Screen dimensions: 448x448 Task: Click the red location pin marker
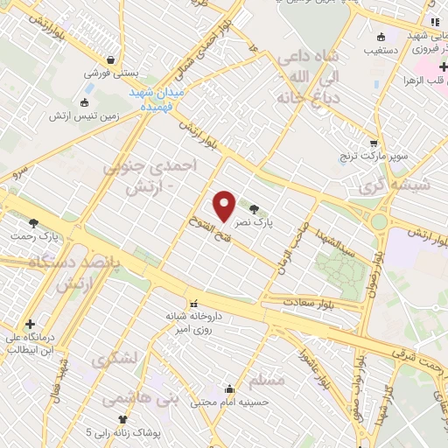coord(225,206)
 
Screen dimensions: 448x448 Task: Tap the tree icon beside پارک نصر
coord(255,208)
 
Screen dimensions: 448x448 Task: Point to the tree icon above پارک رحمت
coord(34,223)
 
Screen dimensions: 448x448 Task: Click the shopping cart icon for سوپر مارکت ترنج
coord(374,143)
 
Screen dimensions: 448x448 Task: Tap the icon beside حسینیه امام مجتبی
coord(229,389)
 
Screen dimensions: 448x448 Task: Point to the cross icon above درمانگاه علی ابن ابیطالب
coord(31,324)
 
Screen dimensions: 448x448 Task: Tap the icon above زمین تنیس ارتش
coord(86,101)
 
